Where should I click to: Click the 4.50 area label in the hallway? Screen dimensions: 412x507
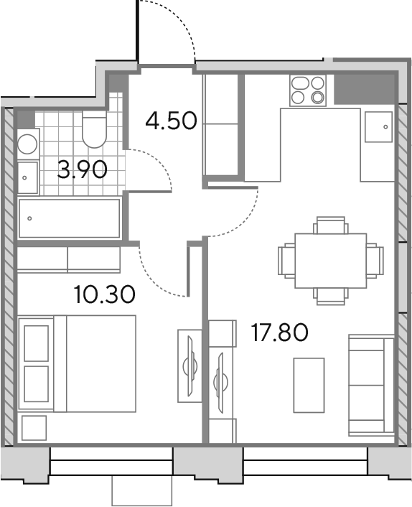pyautogui.click(x=171, y=121)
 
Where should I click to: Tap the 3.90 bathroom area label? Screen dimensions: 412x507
pyautogui.click(x=82, y=169)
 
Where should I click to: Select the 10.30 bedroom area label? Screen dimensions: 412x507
pyautogui.click(x=104, y=294)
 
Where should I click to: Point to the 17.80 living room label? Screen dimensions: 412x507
pyautogui.click(x=279, y=332)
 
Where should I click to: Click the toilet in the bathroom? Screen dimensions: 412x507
pyautogui.click(x=94, y=129)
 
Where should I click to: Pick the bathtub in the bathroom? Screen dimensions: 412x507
pyautogui.click(x=69, y=218)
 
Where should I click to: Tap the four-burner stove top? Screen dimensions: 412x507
pyautogui.click(x=308, y=90)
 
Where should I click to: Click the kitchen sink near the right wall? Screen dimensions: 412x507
pyautogui.click(x=378, y=126)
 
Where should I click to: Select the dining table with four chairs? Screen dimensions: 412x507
pyautogui.click(x=331, y=261)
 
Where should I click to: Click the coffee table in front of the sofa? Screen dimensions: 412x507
pyautogui.click(x=309, y=385)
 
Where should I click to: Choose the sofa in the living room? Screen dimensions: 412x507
pyautogui.click(x=372, y=385)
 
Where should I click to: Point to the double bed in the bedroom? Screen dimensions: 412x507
pyautogui.click(x=78, y=364)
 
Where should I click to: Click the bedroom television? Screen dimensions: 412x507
pyautogui.click(x=190, y=366)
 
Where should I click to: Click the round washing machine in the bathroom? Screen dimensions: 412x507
pyautogui.click(x=28, y=144)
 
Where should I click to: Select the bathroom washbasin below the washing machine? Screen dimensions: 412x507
pyautogui.click(x=28, y=177)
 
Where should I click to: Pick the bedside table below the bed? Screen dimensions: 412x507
pyautogui.click(x=34, y=428)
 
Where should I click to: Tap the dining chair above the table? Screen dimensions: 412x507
pyautogui.click(x=331, y=225)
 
